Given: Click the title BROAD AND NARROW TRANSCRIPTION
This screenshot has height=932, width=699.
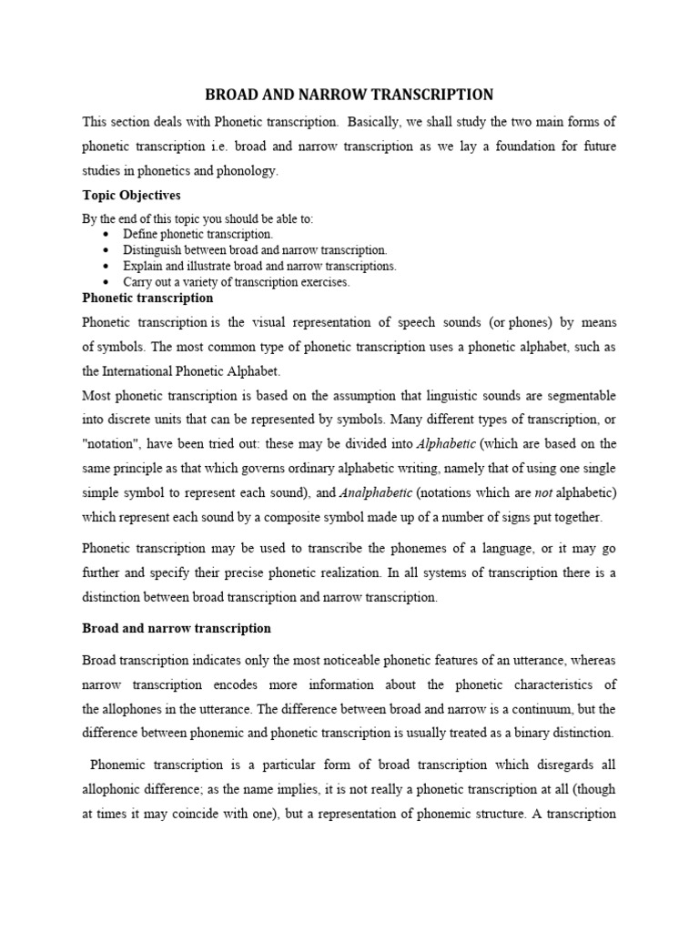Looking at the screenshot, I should coord(349,95).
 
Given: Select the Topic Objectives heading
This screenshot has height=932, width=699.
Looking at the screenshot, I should coord(131,196).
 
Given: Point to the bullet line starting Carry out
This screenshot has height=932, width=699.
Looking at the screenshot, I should coord(236,282).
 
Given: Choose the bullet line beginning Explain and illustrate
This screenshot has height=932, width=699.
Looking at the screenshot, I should coord(259,267).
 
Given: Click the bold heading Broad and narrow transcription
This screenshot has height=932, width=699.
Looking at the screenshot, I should coord(177,629).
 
